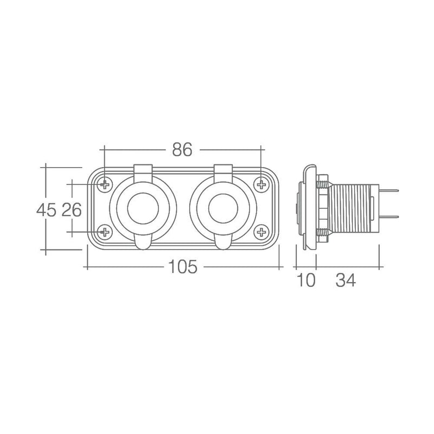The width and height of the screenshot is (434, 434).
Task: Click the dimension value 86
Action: click(182, 150)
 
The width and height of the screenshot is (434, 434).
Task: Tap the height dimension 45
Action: click(46, 209)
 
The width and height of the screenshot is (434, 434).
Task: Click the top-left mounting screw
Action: click(104, 185)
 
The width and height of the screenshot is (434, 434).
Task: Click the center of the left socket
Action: click(143, 209)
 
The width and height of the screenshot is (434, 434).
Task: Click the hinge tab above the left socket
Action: click(143, 172)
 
